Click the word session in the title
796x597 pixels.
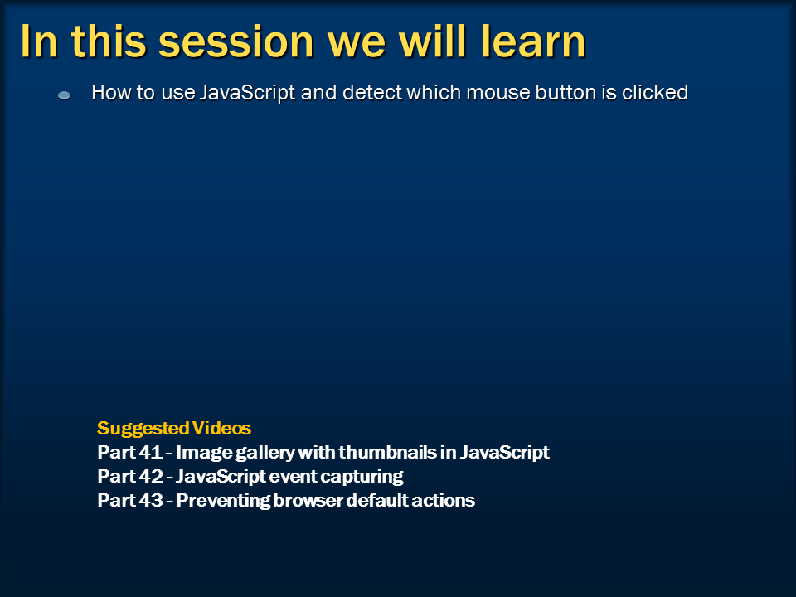coord(236,41)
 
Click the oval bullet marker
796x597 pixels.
coord(65,95)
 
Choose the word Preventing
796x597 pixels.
coord(223,501)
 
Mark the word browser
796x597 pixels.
coord(308,500)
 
